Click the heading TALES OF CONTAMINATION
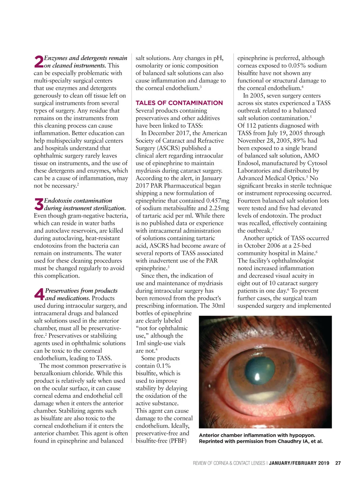click(x=179, y=103)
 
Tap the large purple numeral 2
click(x=39, y=62)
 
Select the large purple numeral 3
click(x=39, y=205)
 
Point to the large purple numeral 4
click(x=39, y=294)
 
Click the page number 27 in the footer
click(x=338, y=463)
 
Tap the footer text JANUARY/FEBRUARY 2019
click(x=299, y=463)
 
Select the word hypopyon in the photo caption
click(x=303, y=435)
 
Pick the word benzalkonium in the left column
click(x=52, y=373)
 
